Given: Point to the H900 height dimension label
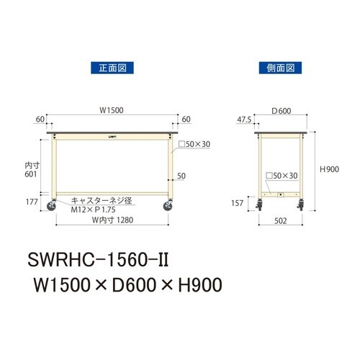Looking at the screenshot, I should pyautogui.click(x=328, y=170).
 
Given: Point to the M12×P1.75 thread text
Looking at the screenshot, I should pyautogui.click(x=92, y=210).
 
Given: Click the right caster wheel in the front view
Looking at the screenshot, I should pyautogui.click(x=168, y=207).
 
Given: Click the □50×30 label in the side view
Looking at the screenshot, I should pyautogui.click(x=282, y=175).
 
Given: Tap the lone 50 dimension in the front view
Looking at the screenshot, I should pyautogui.click(x=181, y=176).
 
